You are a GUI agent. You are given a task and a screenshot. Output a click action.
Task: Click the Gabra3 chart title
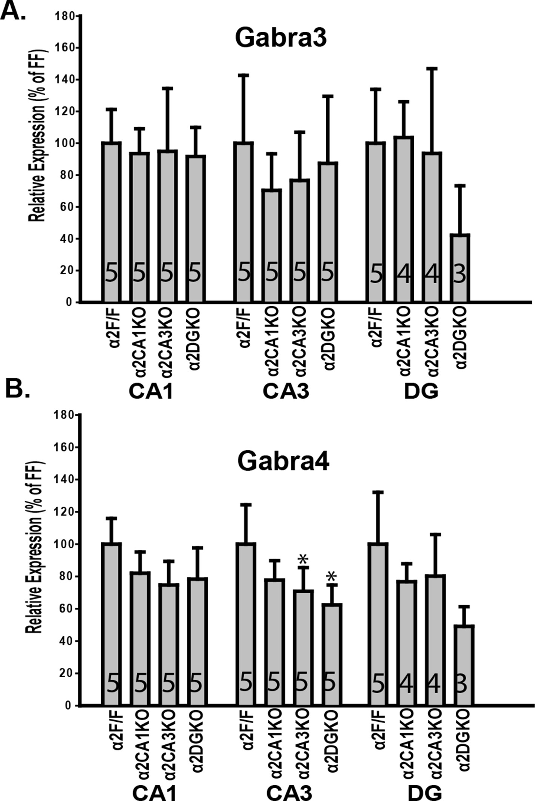tap(281, 39)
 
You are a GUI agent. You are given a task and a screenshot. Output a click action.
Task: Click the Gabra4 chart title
tap(283, 462)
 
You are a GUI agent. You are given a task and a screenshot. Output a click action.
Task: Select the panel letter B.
tap(17, 391)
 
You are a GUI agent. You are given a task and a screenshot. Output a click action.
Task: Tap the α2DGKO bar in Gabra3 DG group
tap(460, 268)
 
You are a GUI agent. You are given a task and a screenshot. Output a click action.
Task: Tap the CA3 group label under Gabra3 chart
tap(286, 392)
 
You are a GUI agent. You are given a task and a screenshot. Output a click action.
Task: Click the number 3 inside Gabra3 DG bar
tap(459, 275)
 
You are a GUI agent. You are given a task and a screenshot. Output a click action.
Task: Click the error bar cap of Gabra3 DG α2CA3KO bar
tap(432, 69)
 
